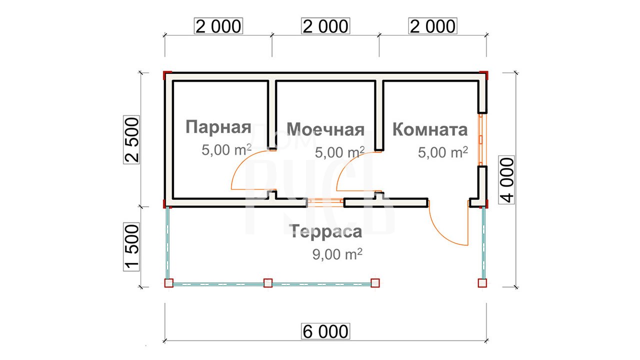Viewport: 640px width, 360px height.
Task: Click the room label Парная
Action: click(218, 127)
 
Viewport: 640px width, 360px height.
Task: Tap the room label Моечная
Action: click(325, 129)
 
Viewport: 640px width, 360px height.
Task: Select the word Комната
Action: click(430, 129)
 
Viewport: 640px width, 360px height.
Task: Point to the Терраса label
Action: click(325, 231)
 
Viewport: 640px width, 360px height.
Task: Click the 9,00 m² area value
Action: click(337, 253)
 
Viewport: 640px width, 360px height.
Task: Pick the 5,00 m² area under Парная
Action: click(226, 149)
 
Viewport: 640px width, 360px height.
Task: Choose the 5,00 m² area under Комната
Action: click(443, 152)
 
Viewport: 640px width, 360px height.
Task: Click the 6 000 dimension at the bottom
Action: click(325, 331)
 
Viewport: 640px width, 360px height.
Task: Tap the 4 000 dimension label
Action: click(506, 180)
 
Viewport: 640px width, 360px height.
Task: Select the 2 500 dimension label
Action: click(131, 139)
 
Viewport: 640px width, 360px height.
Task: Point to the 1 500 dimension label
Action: click(131, 247)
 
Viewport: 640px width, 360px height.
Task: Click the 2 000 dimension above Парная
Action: click(218, 26)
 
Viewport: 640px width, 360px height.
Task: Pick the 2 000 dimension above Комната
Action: click(432, 26)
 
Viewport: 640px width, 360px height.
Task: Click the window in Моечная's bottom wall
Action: click(325, 202)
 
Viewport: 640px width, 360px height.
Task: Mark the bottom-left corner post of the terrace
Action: click(169, 283)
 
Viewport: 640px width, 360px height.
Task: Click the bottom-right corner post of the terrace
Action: click(482, 283)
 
